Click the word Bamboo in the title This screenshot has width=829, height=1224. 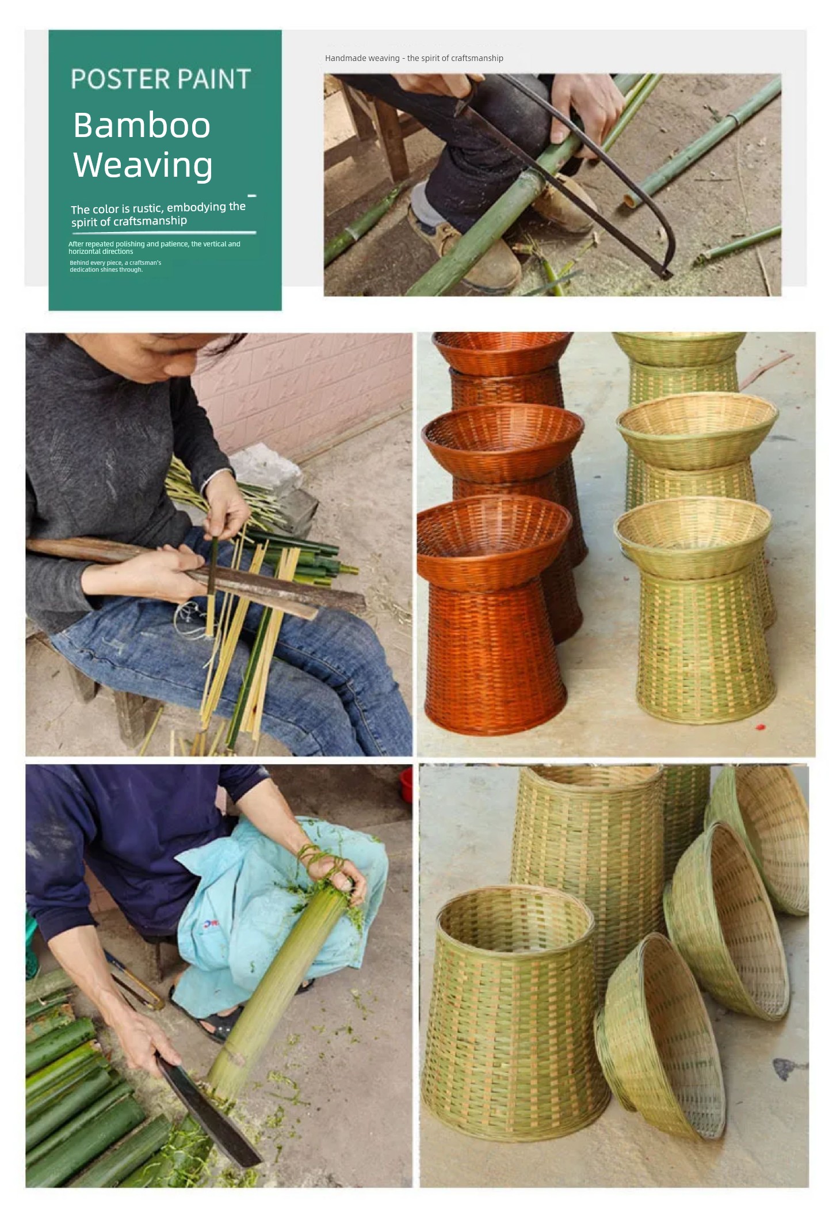click(x=142, y=125)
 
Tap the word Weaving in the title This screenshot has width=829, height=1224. click(x=143, y=165)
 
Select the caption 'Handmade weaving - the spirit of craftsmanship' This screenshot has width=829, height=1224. click(x=414, y=58)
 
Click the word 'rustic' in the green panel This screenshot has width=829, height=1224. click(x=147, y=208)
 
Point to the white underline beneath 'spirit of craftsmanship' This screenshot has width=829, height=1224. click(x=164, y=233)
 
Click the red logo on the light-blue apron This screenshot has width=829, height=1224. click(x=211, y=924)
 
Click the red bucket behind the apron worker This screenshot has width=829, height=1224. click(x=406, y=784)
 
